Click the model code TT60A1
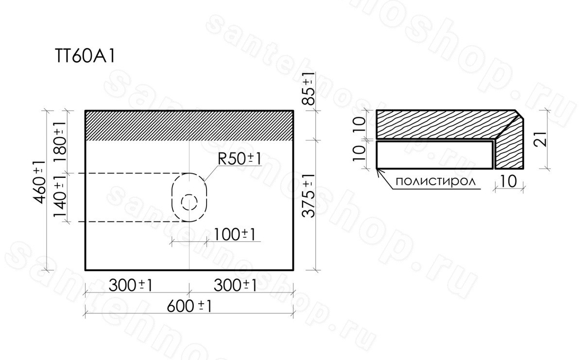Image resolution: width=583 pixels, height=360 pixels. click(85, 56)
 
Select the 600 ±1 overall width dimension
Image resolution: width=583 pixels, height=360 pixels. click(189, 307)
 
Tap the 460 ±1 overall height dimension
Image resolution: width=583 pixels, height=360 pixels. click(39, 182)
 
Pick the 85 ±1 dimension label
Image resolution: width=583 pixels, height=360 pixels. click(309, 88)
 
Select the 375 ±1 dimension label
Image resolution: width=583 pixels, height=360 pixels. click(309, 195)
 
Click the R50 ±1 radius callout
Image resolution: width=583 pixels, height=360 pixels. click(239, 159)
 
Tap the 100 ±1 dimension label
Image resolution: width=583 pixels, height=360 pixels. click(234, 235)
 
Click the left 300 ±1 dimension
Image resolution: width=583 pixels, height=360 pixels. click(130, 286)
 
